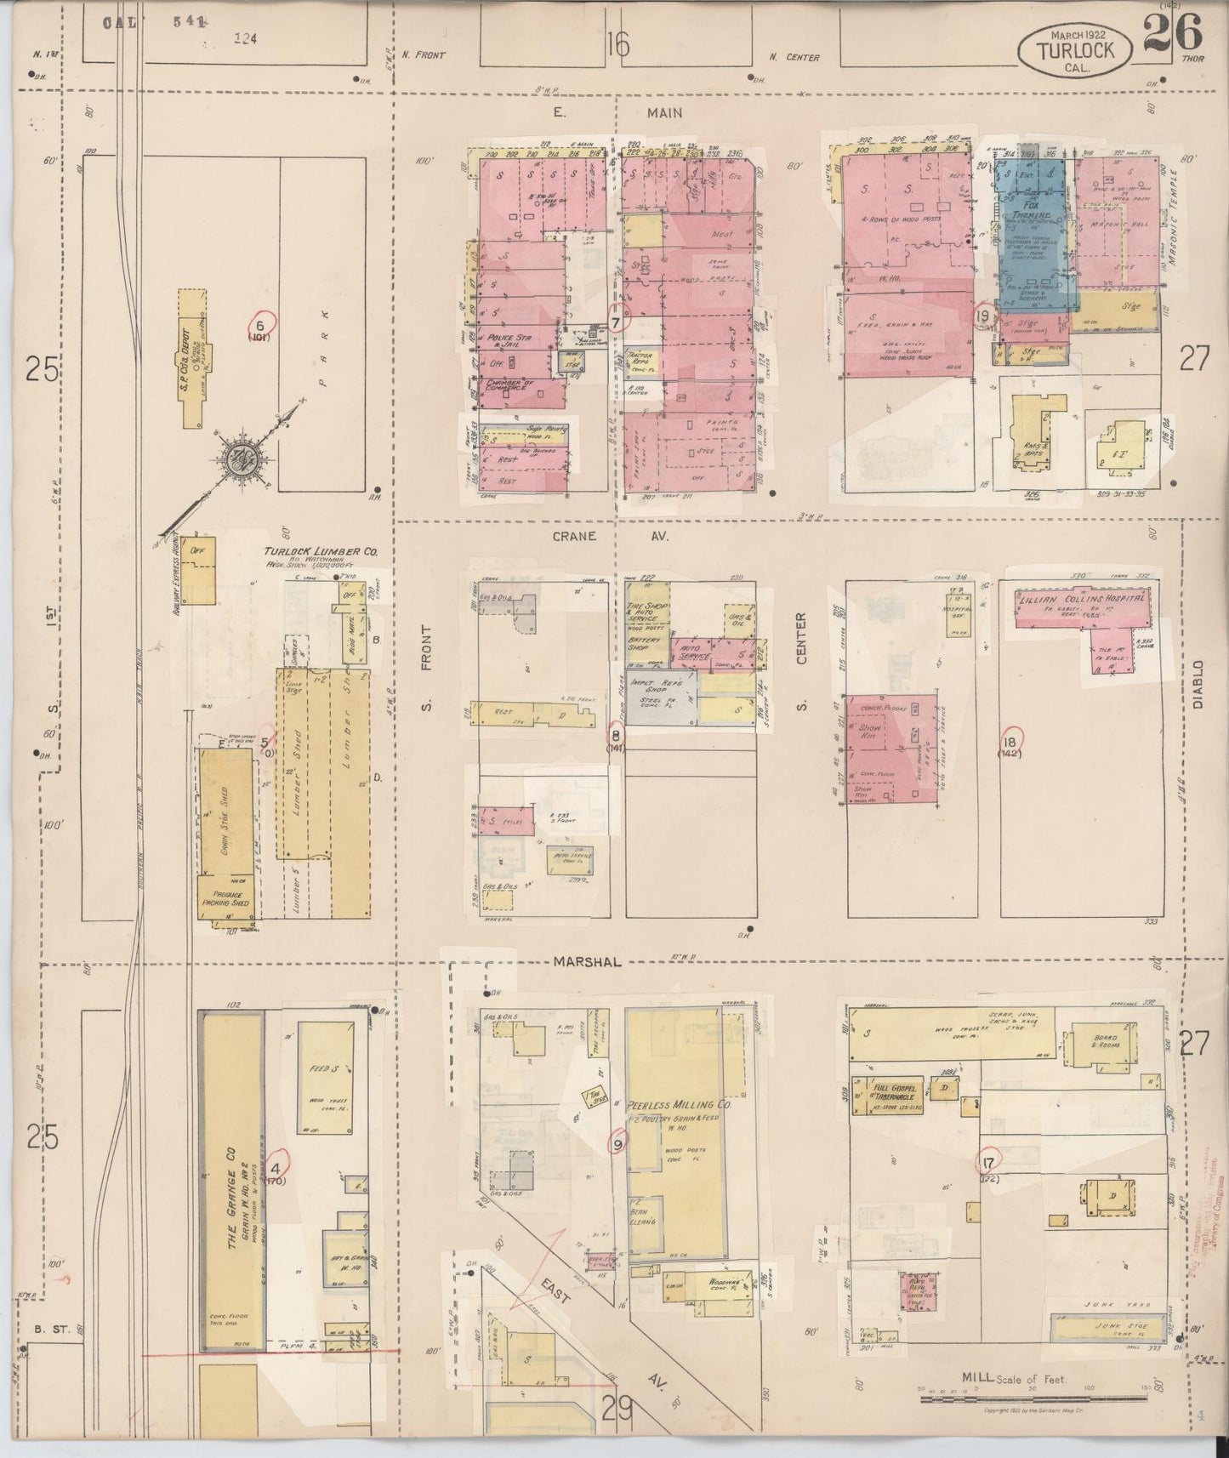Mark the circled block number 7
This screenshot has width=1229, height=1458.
616,322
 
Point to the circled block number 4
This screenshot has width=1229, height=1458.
279,1158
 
